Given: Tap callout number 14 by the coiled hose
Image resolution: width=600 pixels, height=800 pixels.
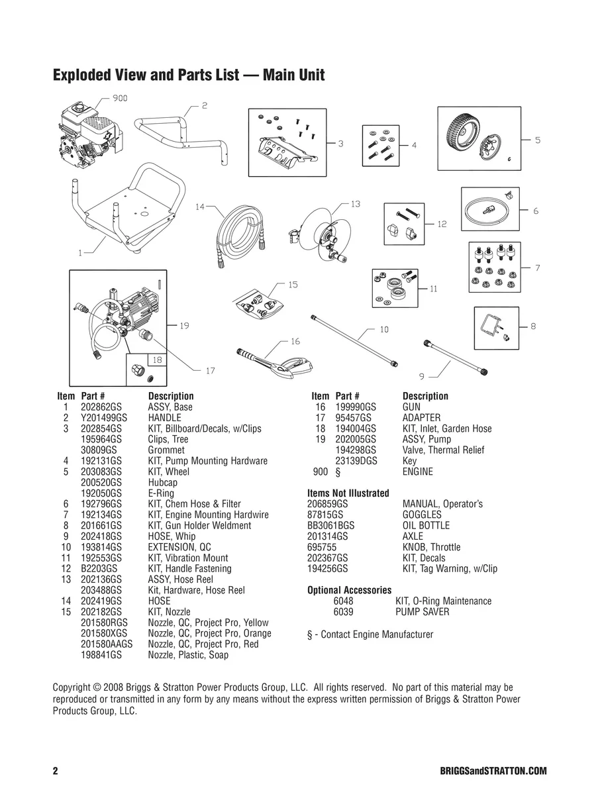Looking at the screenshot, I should point(200,207).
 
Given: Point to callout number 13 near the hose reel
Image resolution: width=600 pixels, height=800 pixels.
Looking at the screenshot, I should point(356,204).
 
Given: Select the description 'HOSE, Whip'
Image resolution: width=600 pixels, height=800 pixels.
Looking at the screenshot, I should point(172,536).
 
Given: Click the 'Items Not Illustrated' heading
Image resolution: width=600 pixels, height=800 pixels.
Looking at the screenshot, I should point(348,493).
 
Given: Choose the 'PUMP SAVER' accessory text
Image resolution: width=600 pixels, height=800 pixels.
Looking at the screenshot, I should point(422,612).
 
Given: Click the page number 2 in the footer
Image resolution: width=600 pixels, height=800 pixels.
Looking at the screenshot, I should point(56,772).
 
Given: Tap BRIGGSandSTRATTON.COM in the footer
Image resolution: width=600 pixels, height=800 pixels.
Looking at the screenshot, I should point(493,772).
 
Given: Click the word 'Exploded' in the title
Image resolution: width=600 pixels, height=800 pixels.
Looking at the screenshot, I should point(85,75).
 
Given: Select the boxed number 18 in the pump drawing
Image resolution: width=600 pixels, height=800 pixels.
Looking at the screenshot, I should point(157,360).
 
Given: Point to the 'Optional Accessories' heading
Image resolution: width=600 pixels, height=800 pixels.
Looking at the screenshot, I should point(350,590).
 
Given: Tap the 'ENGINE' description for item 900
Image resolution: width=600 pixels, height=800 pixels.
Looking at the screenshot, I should point(417,472).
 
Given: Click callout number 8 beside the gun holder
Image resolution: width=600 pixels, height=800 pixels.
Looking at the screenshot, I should point(533,326).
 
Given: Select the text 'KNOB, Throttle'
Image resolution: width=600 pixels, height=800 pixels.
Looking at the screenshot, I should point(431,547).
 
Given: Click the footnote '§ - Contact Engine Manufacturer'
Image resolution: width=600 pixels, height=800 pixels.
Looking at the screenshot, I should point(370,634).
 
